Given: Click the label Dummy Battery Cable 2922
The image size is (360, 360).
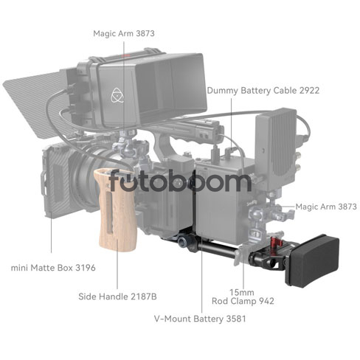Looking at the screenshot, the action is (263, 91).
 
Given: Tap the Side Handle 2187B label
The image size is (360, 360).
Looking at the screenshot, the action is (117, 297).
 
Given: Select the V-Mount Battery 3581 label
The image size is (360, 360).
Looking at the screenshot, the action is (200, 319).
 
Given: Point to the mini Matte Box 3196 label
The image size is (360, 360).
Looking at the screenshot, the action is (53, 268).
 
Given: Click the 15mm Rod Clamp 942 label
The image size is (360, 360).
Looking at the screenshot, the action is (243, 297).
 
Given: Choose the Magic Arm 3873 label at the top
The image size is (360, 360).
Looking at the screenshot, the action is (124, 33).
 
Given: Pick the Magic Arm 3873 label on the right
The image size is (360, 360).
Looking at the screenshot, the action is (326, 207).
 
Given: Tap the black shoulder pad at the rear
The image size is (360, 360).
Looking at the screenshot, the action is (313, 260).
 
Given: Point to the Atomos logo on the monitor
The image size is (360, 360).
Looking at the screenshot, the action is (117, 95).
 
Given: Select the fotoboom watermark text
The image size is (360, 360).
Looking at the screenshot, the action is (180, 181).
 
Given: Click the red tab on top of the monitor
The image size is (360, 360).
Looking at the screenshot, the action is (125, 56).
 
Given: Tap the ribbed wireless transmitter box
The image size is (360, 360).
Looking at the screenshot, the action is (276, 142).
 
